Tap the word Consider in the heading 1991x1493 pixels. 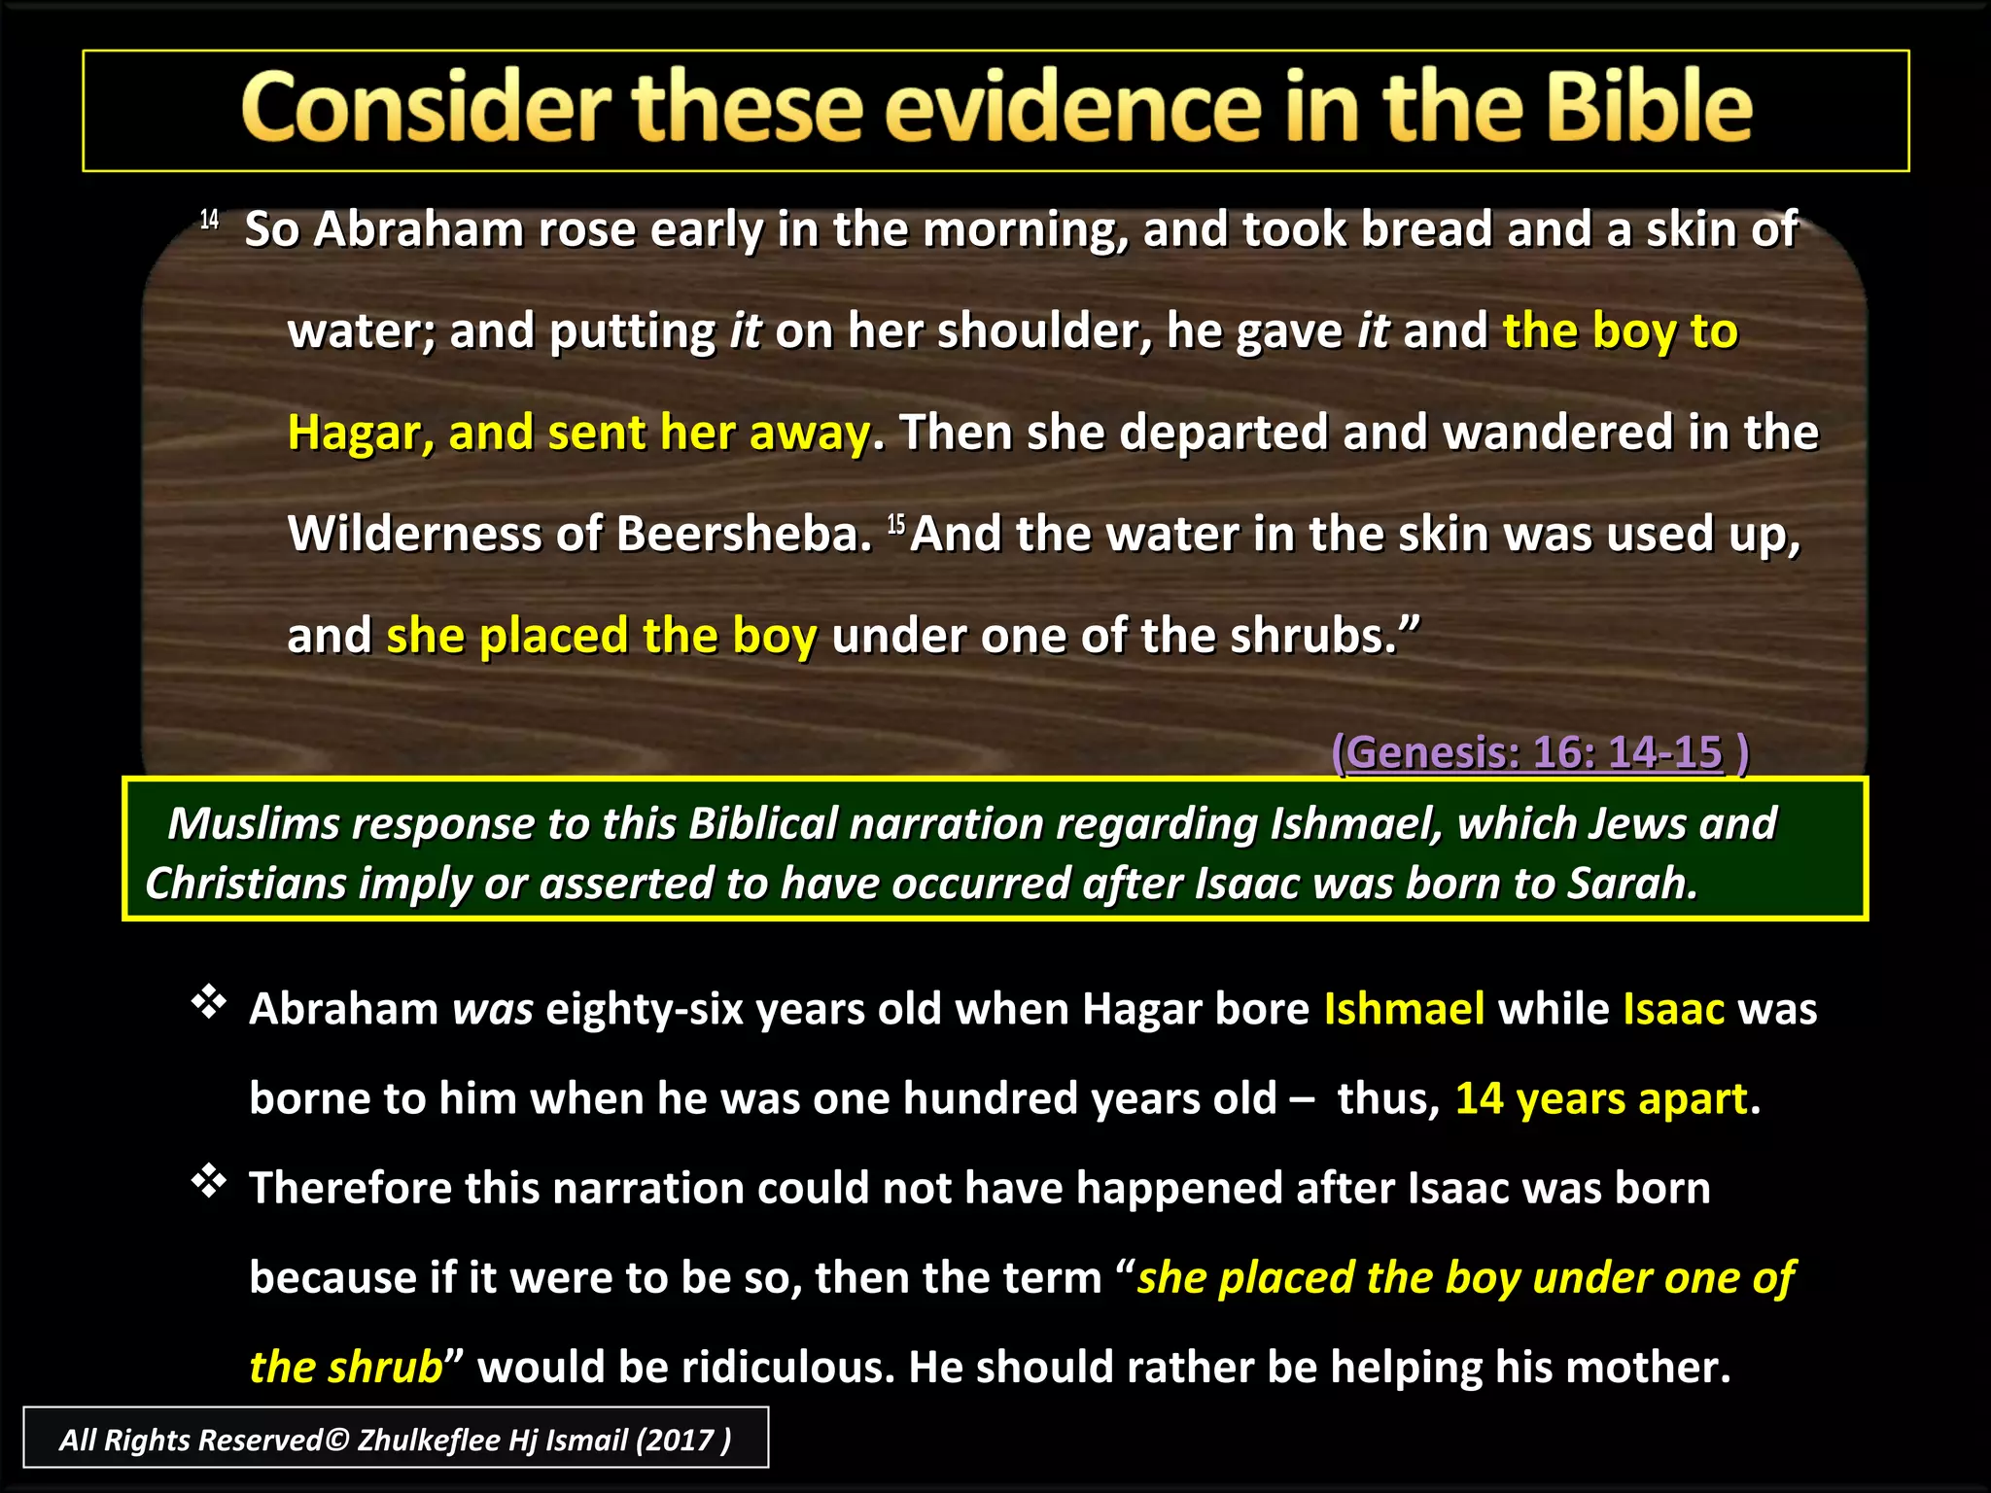coord(426,109)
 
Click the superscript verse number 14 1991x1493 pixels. coord(209,220)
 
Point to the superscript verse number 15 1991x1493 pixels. coord(895,526)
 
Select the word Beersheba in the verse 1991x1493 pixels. coord(744,535)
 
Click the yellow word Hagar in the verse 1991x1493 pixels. coord(360,434)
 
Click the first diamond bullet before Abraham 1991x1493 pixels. coord(209,1001)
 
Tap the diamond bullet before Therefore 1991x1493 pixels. coord(209,1181)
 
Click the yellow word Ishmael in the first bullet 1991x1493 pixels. coord(1404,1009)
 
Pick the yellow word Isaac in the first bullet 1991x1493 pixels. coord(1673,1009)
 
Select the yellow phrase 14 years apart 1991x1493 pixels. coord(1601,1098)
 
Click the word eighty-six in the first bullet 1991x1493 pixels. coord(645,1009)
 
